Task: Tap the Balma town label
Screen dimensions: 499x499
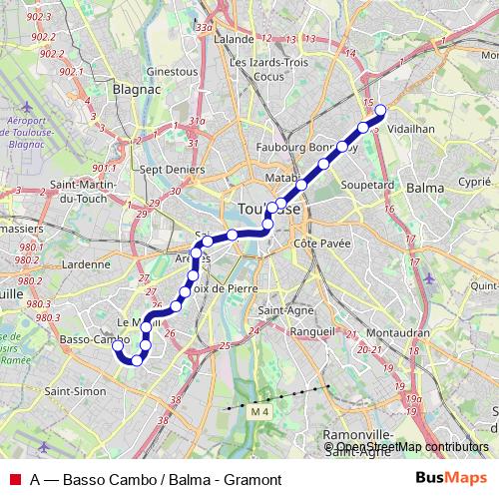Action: coord(426,188)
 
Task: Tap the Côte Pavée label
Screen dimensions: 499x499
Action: coord(319,244)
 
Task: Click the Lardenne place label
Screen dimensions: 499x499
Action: coord(85,264)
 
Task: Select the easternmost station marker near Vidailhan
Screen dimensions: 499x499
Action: coord(379,110)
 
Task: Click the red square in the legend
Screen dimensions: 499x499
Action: coord(15,479)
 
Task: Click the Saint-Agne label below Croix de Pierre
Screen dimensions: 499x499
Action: coord(281,309)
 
